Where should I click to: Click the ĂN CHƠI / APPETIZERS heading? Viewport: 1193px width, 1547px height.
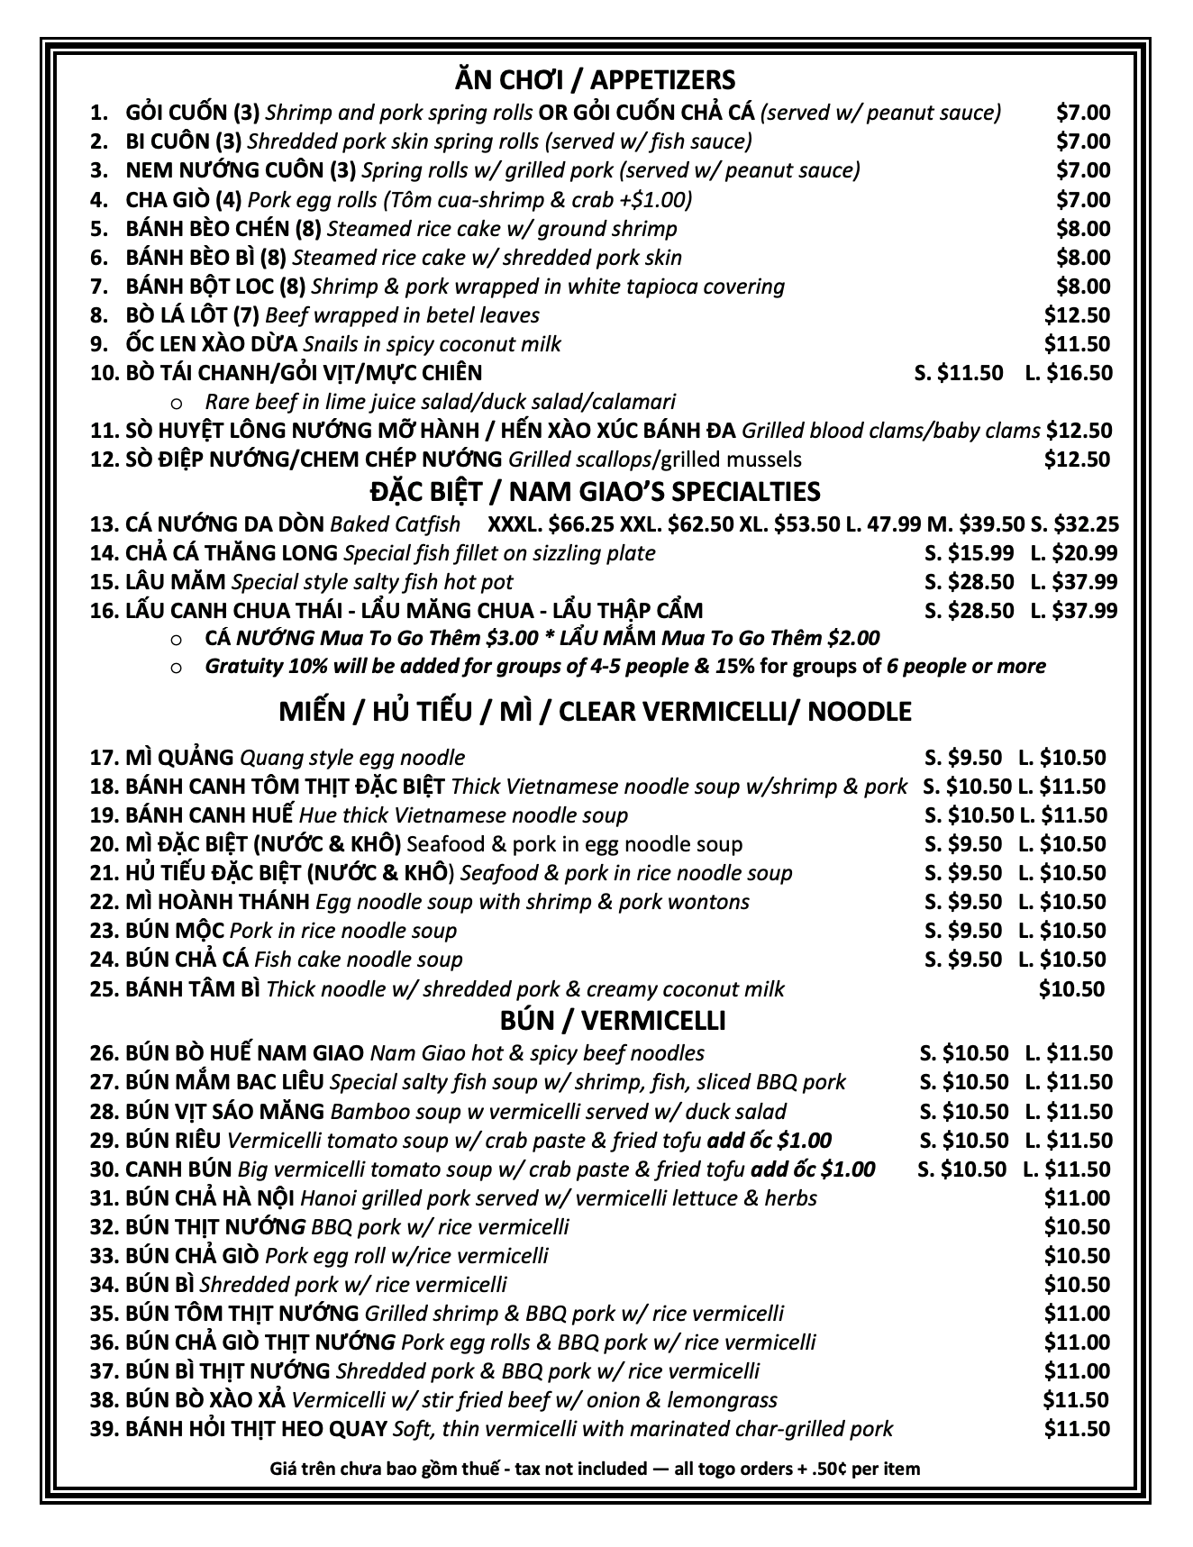(x=595, y=80)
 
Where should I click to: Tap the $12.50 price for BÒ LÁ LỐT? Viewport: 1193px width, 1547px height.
(x=1077, y=315)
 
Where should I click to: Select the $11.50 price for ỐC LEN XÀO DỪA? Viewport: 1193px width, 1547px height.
(x=1077, y=344)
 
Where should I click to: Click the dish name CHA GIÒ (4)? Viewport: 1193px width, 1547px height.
(x=183, y=200)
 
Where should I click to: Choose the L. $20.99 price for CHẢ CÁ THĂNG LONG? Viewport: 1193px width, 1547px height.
(x=1073, y=553)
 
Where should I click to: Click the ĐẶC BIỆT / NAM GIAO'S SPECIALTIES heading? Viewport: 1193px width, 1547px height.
(x=595, y=492)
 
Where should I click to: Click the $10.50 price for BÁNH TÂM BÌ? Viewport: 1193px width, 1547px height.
(x=1071, y=989)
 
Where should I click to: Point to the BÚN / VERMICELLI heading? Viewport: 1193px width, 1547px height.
(x=612, y=1021)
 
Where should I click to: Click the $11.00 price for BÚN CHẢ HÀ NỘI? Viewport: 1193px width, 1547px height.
(x=1077, y=1198)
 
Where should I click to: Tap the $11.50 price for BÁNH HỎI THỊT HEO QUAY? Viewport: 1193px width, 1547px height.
(x=1077, y=1429)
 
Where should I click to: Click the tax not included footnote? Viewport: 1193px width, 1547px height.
(x=595, y=1470)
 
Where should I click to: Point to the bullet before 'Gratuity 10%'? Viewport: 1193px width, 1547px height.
(x=176, y=668)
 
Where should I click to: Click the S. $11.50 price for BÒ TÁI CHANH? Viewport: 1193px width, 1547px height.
(x=958, y=373)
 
